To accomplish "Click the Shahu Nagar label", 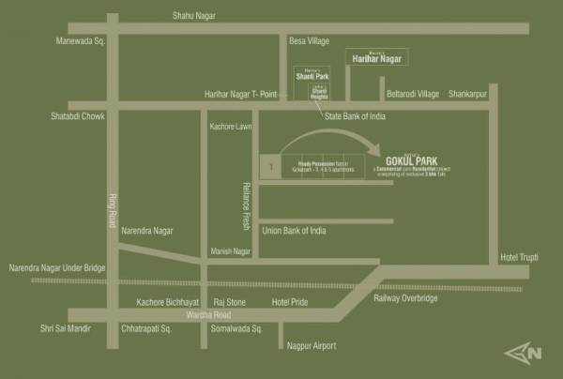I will (194, 16).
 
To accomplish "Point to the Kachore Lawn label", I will (231, 126).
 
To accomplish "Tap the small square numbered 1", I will (270, 167).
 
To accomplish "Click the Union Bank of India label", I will (294, 230).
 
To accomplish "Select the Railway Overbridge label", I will (405, 297).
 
